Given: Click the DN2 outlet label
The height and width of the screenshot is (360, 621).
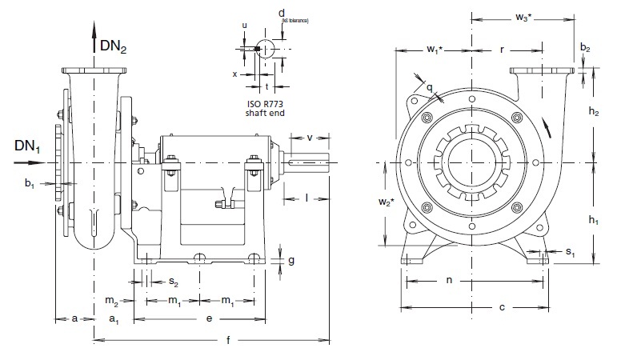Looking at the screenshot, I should pos(114,48).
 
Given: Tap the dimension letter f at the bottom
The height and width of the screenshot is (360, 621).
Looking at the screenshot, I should pos(228,342).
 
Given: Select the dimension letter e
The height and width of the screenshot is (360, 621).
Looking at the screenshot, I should pos(209,318).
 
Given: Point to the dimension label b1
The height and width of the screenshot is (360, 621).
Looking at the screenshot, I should pos(30,184).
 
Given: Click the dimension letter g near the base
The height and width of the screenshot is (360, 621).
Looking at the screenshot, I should pos(291,260).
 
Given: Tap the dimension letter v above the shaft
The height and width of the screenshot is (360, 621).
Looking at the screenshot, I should pos(310,137).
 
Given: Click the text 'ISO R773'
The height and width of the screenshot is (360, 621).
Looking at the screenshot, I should pos(269,104).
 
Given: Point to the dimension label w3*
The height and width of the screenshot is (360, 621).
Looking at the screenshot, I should pos(524,17).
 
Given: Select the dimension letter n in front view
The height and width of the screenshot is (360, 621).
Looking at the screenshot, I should pos(449,281).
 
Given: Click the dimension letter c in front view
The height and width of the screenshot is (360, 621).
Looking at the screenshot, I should pos(502,306).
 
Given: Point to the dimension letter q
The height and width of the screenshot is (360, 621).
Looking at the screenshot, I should pos(430,87).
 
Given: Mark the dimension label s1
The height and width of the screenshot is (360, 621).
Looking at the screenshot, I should pos(570,252).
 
